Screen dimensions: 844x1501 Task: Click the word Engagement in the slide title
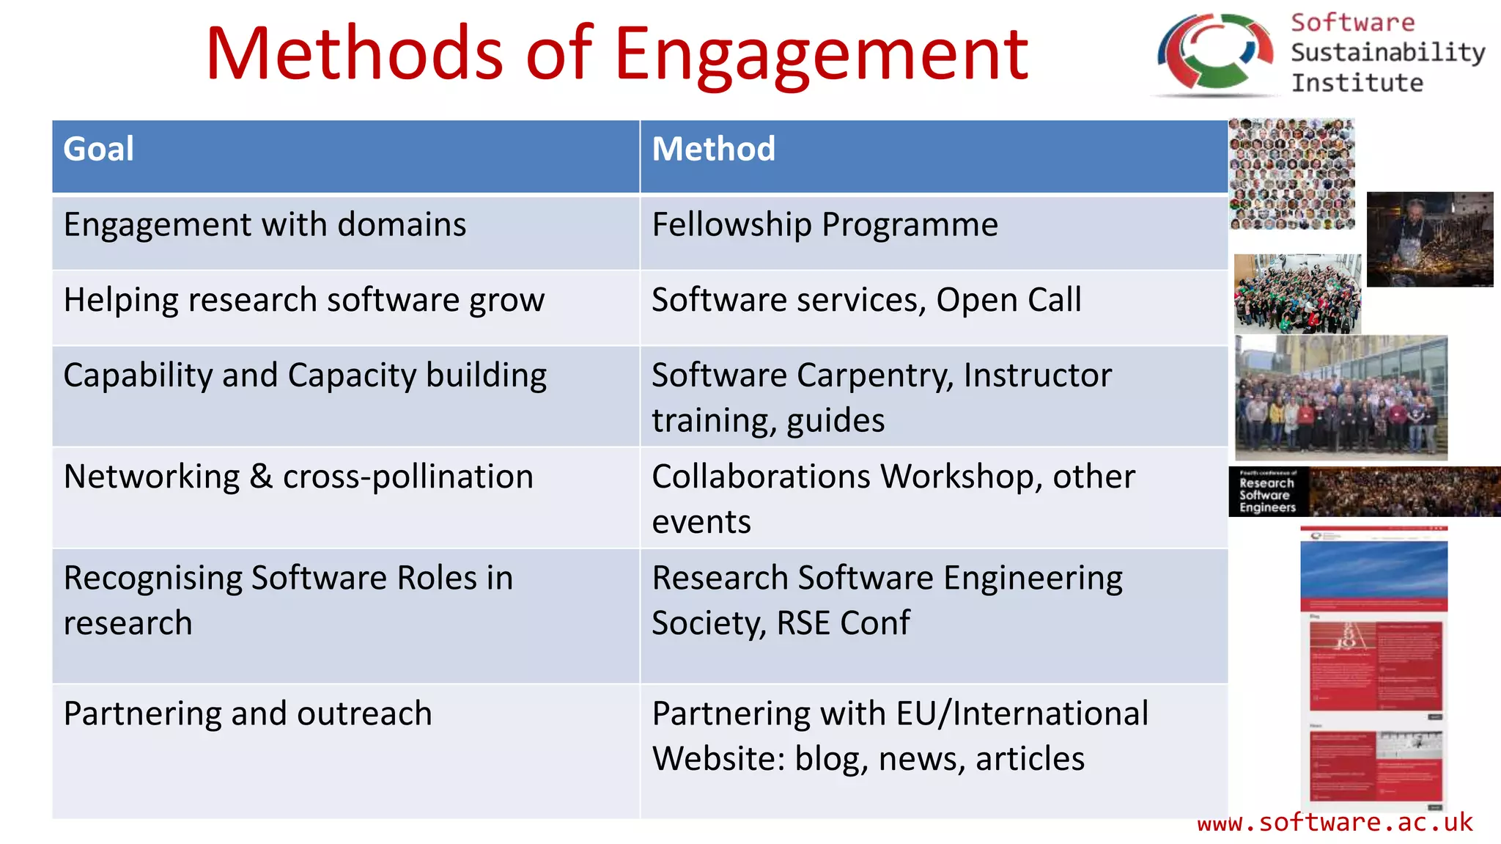click(821, 55)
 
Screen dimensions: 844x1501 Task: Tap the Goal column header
click(99, 150)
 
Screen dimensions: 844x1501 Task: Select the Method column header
click(713, 150)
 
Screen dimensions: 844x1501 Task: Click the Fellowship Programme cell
click(825, 225)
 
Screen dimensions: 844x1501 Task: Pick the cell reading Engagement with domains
click(265, 225)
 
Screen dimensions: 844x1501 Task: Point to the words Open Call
click(1008, 301)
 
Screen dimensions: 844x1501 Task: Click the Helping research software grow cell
click(303, 301)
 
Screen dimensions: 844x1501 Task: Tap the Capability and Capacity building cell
click(305, 375)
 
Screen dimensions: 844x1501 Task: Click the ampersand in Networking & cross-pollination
click(261, 477)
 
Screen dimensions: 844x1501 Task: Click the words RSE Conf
click(843, 624)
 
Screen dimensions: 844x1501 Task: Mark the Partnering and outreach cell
click(248, 714)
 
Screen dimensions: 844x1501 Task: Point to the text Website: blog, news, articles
click(868, 759)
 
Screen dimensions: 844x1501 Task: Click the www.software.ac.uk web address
click(1335, 823)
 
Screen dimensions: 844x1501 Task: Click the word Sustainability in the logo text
click(1387, 53)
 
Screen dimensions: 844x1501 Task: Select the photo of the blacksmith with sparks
click(1429, 239)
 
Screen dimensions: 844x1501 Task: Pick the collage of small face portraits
click(1291, 175)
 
